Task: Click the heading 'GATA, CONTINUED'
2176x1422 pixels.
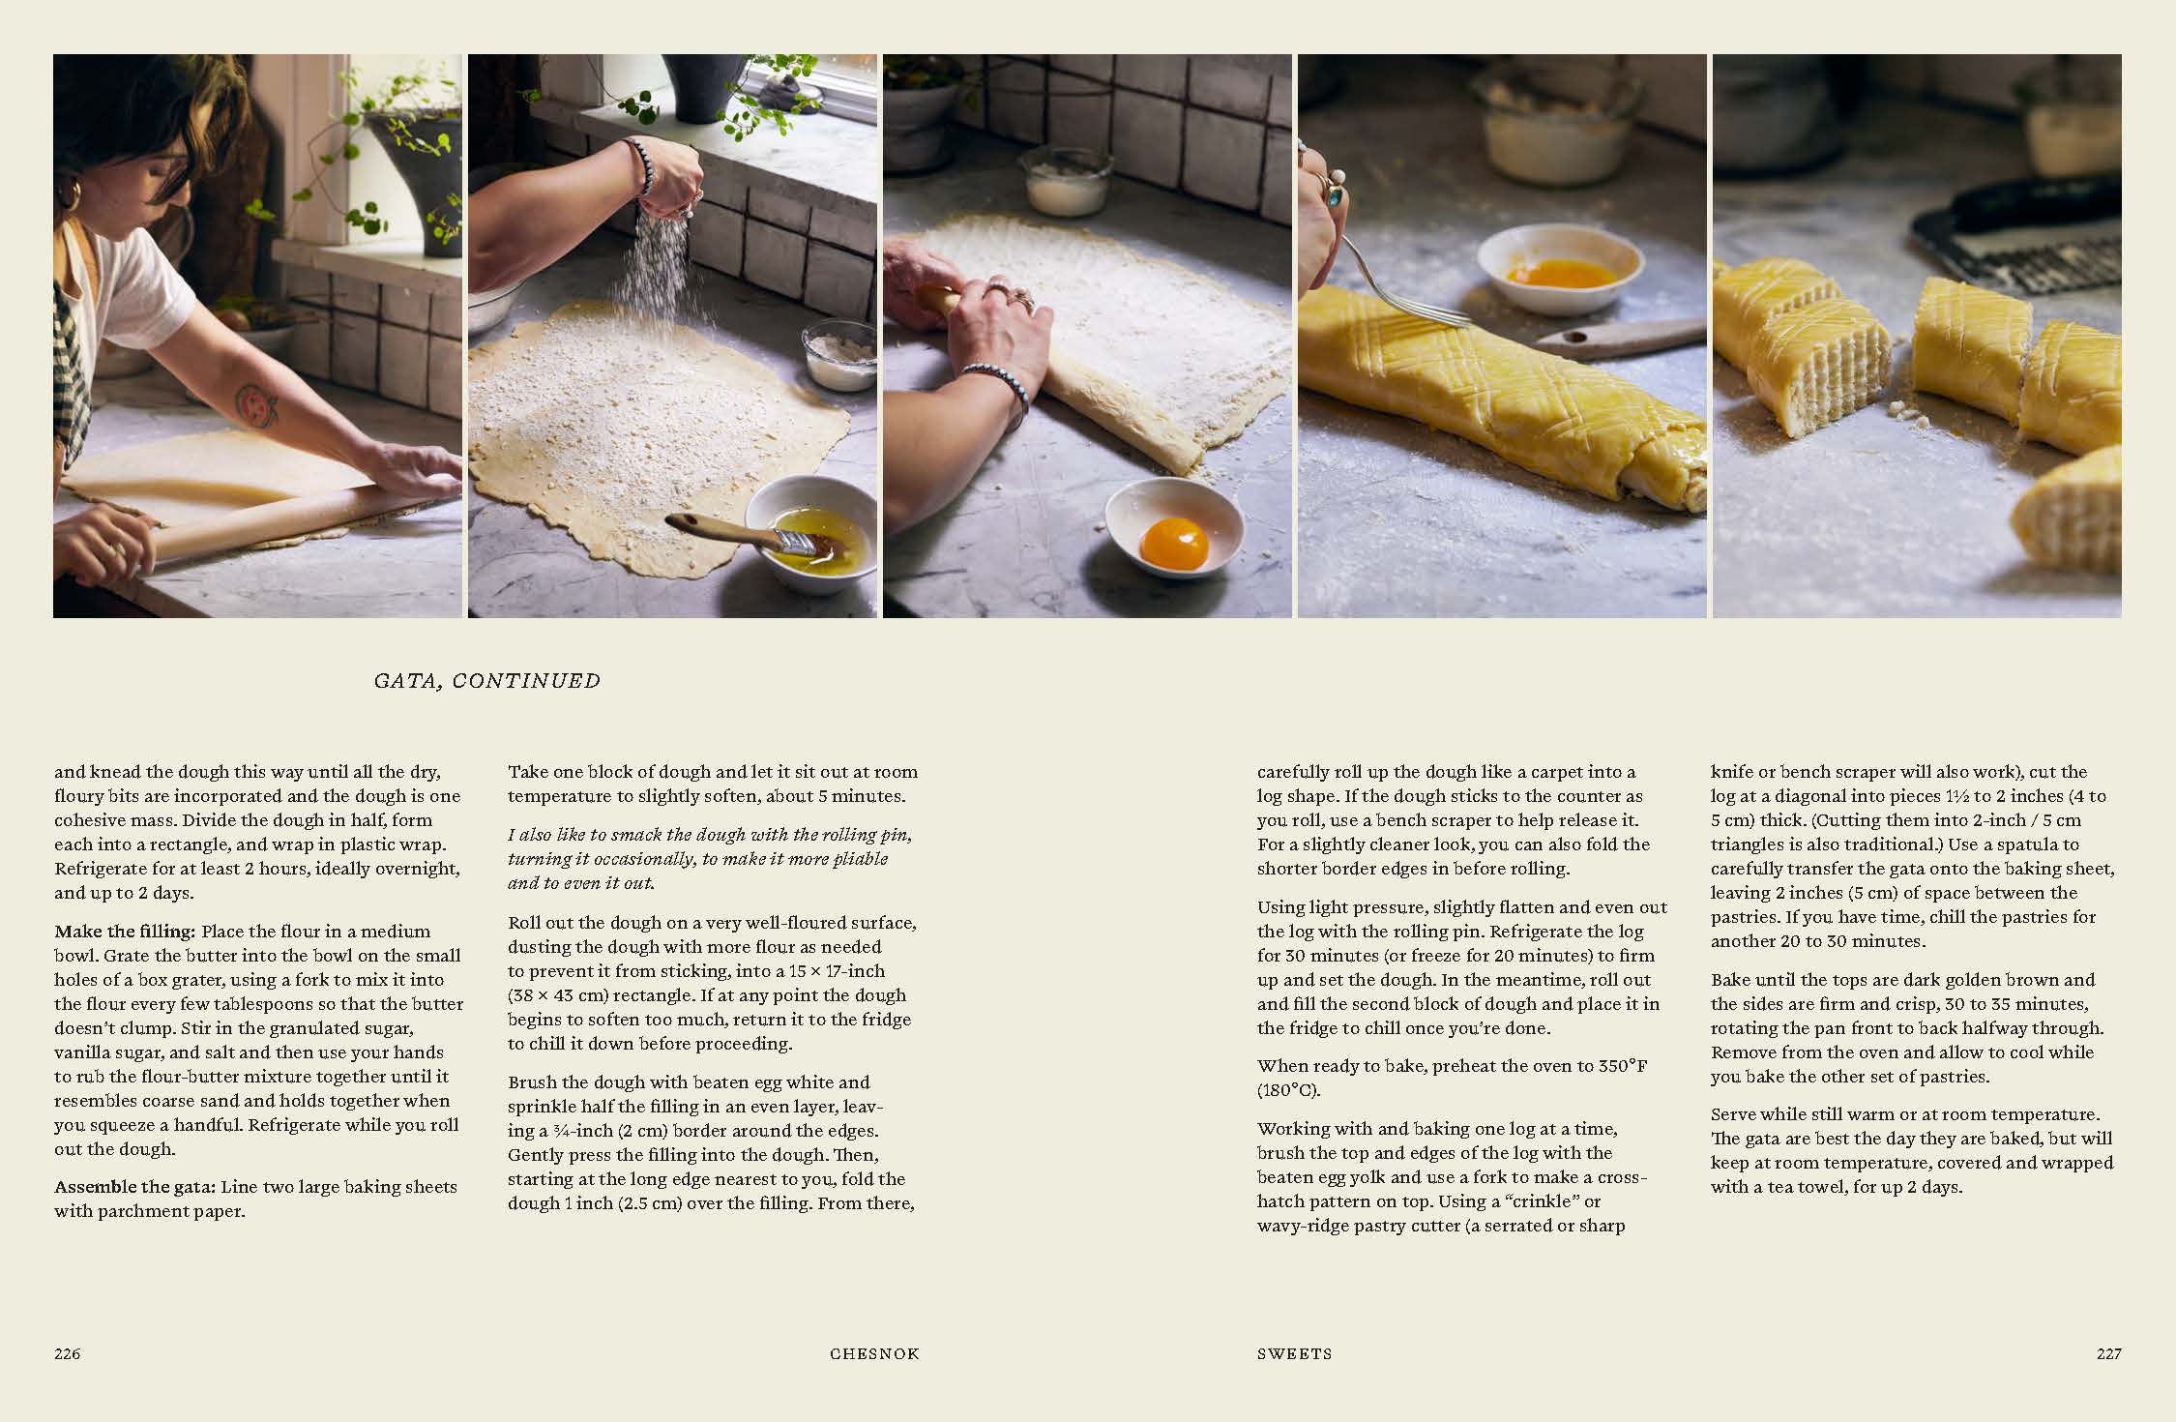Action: [487, 681]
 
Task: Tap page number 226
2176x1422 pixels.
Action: [68, 1353]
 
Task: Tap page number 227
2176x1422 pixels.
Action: [2108, 1353]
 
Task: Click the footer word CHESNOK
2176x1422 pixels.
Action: [874, 1354]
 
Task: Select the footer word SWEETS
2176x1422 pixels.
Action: [1294, 1354]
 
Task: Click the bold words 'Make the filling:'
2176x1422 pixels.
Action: [125, 932]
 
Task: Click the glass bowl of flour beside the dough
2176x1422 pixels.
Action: [838, 355]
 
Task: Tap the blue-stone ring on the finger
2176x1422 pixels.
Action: [1334, 197]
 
